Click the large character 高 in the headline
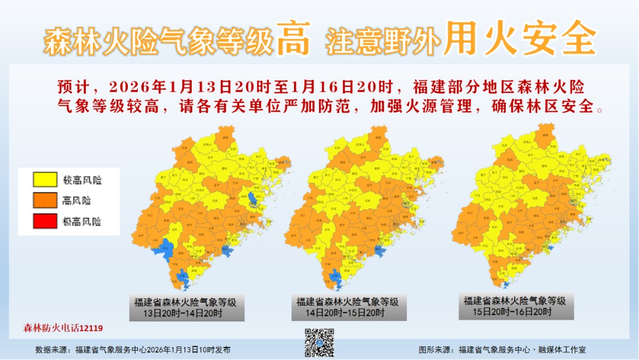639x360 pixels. tap(293, 40)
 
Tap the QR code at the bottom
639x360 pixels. tap(319, 342)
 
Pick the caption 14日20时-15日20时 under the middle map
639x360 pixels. tap(348, 313)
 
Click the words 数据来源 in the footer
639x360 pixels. tap(52, 350)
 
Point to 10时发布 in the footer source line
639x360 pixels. tap(217, 350)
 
